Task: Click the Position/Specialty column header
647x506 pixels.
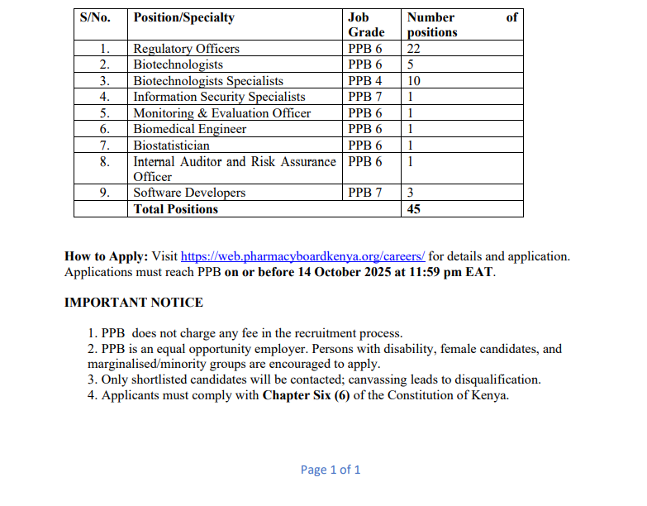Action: pos(183,17)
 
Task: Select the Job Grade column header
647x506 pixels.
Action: pos(366,25)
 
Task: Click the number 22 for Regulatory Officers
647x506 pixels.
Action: pos(414,49)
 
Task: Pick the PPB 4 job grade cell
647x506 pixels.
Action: pos(365,81)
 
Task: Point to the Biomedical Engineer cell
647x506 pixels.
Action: pos(190,129)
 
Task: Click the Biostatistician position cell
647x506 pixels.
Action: pos(172,145)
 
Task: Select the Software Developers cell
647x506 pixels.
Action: pos(189,193)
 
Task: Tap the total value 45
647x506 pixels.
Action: pos(414,209)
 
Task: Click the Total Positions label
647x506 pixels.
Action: pos(175,209)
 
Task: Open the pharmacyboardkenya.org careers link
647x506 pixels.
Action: pos(302,256)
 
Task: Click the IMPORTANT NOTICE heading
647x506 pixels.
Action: pos(134,303)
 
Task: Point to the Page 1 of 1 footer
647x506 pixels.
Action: pos(331,470)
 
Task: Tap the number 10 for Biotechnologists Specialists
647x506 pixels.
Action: pos(414,81)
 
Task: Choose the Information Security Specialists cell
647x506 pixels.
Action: pos(219,97)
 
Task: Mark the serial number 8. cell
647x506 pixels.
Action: pos(105,161)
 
